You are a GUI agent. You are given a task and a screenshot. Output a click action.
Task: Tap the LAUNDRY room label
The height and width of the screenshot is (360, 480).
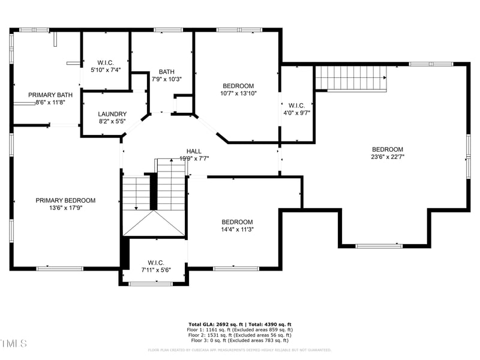tap(112, 113)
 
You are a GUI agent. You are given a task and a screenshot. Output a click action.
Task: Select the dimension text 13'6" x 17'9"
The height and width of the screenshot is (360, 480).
tap(65, 208)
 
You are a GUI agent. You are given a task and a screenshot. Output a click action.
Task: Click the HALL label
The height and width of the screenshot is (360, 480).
tap(194, 151)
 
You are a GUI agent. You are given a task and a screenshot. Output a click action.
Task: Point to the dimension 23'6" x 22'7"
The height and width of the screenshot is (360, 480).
tap(388, 157)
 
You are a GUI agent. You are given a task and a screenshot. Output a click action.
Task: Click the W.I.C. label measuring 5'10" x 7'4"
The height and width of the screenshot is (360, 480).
tap(106, 62)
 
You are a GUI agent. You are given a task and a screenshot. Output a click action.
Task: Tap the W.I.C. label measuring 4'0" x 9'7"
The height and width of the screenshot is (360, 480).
tap(297, 105)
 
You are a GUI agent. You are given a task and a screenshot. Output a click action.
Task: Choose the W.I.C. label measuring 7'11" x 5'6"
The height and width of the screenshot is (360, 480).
tap(156, 262)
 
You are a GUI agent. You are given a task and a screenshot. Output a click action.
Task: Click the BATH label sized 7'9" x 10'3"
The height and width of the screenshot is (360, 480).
tap(167, 71)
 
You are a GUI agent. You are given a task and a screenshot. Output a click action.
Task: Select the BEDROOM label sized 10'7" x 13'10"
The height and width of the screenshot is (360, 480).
tap(238, 86)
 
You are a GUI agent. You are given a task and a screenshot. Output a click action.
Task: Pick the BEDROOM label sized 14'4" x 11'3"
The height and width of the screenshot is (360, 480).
tap(238, 221)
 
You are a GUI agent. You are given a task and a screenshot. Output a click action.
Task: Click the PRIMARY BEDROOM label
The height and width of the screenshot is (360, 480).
tap(65, 200)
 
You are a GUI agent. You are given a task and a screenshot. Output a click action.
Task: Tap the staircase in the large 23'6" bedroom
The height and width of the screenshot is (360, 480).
tap(350, 77)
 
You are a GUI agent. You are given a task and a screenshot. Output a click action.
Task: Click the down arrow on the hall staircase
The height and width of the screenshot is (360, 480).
tap(136, 207)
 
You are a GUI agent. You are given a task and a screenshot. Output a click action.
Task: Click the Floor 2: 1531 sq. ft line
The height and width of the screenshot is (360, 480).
tap(239, 335)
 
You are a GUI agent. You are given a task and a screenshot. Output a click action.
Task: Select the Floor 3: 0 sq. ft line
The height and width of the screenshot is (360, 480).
tap(239, 340)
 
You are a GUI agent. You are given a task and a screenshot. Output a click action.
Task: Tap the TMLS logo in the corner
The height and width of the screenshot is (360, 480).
tap(14, 343)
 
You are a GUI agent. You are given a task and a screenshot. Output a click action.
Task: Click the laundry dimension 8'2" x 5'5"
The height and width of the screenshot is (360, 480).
tap(112, 121)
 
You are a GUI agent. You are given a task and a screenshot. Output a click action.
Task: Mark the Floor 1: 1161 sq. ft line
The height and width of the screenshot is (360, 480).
tap(239, 329)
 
